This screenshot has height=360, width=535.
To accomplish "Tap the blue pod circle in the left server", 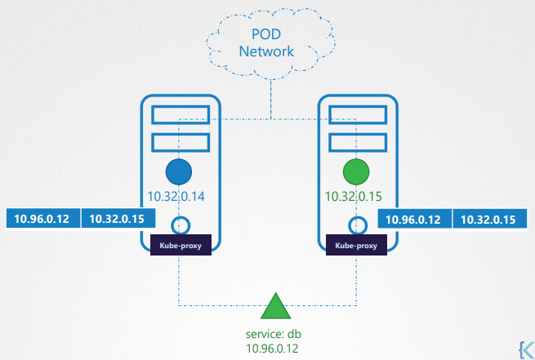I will (x=178, y=172).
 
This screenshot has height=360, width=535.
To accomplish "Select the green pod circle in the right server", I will (x=356, y=172).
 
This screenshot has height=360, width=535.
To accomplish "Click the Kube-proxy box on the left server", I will (x=181, y=244).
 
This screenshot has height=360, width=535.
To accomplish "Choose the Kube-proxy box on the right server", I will (x=356, y=244).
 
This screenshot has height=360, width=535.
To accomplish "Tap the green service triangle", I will (x=275, y=308).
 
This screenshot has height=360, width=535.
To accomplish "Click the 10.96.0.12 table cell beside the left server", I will (x=43, y=220).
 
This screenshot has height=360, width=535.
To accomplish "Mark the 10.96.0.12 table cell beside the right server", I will (x=413, y=220).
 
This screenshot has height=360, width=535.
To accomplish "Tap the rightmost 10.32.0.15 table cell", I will (x=488, y=220).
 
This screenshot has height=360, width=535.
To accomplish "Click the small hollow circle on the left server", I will (x=181, y=224).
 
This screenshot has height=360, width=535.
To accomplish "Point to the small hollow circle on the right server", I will (x=357, y=224).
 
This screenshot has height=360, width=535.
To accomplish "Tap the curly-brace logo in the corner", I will (x=523, y=346).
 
